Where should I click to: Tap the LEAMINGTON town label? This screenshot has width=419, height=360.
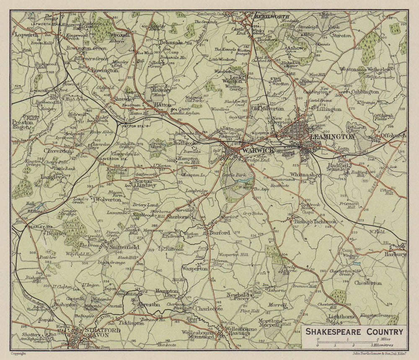click(x=332, y=136)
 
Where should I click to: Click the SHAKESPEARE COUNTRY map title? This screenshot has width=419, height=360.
click(x=354, y=332)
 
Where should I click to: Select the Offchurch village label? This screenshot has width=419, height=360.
click(x=393, y=136)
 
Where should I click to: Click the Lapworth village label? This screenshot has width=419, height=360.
click(x=27, y=35)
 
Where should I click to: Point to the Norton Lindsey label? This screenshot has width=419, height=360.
click(x=145, y=183)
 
